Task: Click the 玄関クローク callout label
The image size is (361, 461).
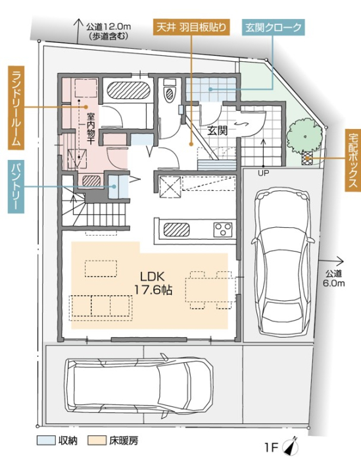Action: [273, 28]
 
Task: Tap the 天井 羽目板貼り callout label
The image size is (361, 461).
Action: [191, 28]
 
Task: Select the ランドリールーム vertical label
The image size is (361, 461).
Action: [16, 107]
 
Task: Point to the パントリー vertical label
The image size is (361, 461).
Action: [16, 186]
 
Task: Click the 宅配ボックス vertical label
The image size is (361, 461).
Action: [353, 160]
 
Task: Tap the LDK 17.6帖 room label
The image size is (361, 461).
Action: [153, 283]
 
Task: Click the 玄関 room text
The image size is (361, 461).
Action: [218, 130]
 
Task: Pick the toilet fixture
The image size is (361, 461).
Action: [170, 90]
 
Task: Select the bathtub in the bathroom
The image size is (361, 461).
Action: [128, 90]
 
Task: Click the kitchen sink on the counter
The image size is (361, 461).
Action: [176, 230]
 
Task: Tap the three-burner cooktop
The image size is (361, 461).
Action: [223, 230]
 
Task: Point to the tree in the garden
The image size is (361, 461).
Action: [304, 136]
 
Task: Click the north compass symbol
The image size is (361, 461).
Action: [291, 447]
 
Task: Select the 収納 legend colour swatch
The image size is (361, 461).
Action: [46, 440]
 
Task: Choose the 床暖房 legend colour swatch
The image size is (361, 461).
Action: [97, 440]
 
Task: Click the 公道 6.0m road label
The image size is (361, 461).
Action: [333, 278]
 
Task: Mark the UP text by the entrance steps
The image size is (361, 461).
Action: [263, 173]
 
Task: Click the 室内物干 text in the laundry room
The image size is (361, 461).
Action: [91, 128]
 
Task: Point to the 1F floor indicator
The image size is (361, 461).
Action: [271, 447]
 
